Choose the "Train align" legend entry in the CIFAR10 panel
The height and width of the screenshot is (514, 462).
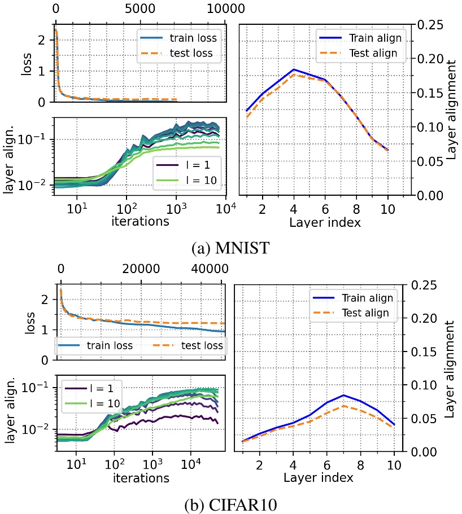click(x=361, y=298)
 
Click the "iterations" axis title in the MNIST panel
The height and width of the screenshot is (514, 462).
click(x=140, y=221)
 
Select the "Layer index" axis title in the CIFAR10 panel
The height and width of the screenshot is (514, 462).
click(x=319, y=477)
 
